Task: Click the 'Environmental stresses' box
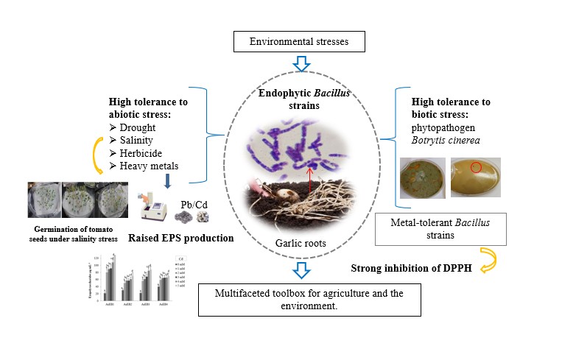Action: (x=301, y=41)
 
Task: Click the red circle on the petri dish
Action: (x=476, y=168)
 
